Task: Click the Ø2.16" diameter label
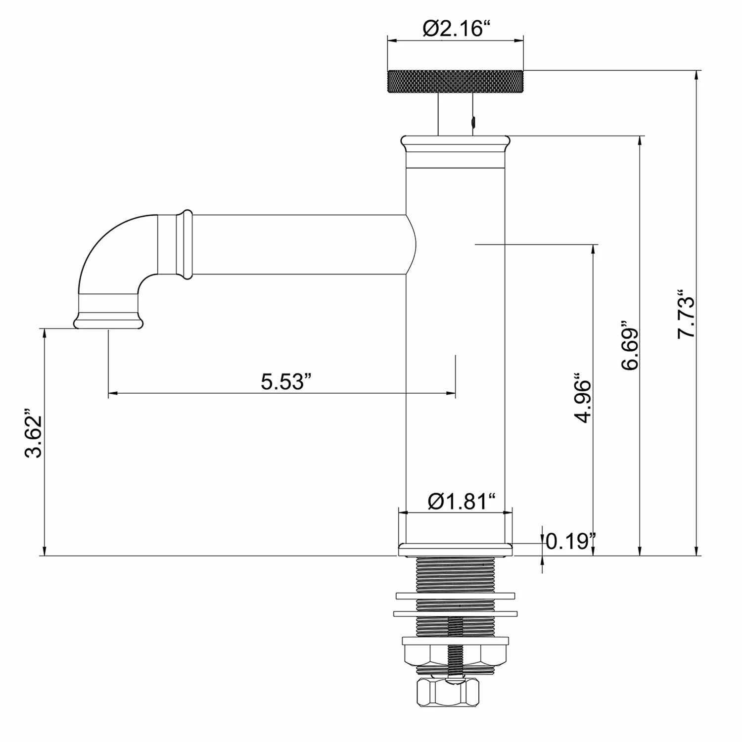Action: point(453,29)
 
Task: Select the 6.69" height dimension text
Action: point(630,348)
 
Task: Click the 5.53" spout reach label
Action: point(286,381)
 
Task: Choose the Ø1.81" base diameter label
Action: point(462,502)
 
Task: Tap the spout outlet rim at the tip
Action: point(108,323)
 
